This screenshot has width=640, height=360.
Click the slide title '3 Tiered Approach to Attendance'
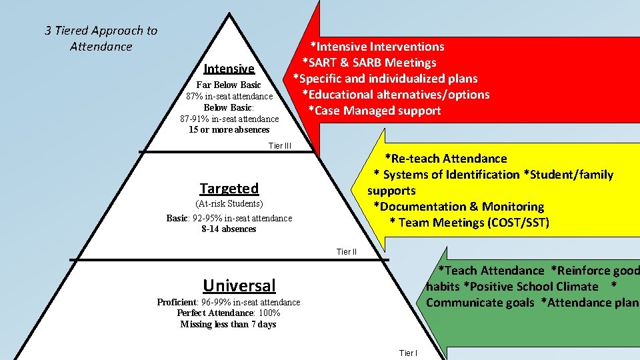[x=101, y=39]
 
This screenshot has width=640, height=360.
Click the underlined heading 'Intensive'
[x=229, y=69]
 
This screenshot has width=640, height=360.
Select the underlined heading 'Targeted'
[x=229, y=189]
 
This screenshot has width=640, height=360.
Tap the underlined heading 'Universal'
[x=239, y=286]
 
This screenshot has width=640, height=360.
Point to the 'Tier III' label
[x=280, y=145]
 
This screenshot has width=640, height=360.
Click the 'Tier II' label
[x=347, y=251]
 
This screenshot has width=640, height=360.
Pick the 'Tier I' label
[x=408, y=353]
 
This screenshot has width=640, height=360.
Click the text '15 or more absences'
[x=229, y=130]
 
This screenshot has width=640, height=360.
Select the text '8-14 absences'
[x=229, y=229]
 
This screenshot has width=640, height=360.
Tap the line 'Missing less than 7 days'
[x=228, y=325]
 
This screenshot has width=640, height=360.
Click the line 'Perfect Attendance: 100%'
[x=228, y=313]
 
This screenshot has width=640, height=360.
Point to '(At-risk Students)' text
[x=229, y=203]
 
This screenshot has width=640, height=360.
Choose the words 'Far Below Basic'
[x=229, y=85]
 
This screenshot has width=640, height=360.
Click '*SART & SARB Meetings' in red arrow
[x=369, y=63]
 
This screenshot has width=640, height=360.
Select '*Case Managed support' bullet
[x=374, y=111]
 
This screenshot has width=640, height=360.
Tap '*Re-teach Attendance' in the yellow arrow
[x=445, y=159]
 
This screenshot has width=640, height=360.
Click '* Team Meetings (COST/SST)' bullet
[x=469, y=223]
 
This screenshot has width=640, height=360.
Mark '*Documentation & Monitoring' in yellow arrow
[x=459, y=207]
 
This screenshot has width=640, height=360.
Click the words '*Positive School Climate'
[x=531, y=287]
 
